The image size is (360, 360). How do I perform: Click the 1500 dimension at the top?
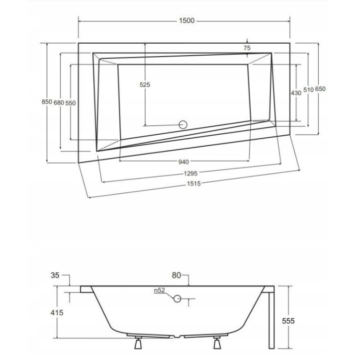tap(186, 21)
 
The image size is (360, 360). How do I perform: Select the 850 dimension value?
tap(46, 102)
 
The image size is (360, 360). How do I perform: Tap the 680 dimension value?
tap(59, 102)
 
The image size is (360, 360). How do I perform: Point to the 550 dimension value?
tap(70, 102)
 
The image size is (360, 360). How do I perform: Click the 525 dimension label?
tap(145, 85)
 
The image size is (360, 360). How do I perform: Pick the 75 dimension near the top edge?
tap(247, 48)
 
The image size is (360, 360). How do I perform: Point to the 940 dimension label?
tap(183, 162)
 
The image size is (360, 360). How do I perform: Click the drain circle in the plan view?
tap(182, 124)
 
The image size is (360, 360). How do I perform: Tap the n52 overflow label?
tap(159, 291)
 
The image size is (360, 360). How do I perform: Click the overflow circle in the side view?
tap(178, 298)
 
